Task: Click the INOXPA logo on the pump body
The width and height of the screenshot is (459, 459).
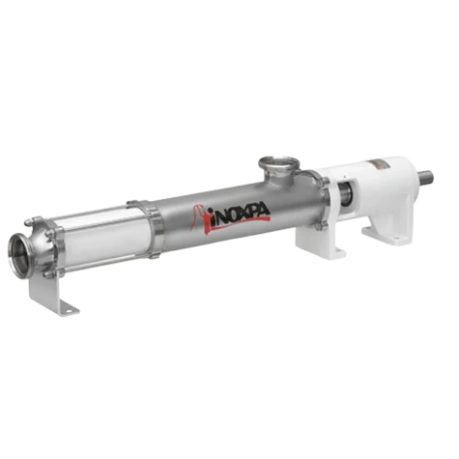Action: (231, 216)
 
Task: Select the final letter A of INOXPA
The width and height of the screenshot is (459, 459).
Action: (265, 211)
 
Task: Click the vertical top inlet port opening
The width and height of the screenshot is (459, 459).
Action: (279, 160)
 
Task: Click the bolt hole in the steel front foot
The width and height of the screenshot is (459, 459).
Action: (68, 311)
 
